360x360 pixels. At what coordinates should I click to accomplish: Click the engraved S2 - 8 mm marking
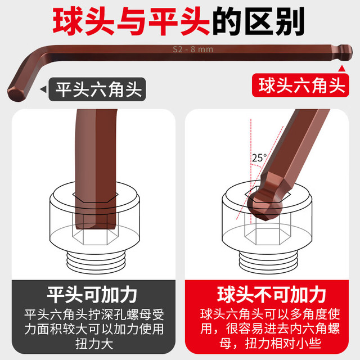193,49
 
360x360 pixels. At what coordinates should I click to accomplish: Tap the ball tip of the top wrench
346,52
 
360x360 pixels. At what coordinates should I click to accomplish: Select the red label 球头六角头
300,85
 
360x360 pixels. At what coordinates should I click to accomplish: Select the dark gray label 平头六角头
97,89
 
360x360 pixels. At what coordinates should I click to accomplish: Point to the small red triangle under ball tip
342,69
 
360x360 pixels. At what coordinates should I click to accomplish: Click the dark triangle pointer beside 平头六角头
44,89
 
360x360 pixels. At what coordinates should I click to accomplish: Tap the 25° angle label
259,157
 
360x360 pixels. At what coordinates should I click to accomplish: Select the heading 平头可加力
92,295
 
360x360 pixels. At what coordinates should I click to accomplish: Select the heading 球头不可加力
271,295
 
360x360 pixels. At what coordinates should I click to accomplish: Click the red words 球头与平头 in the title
131,21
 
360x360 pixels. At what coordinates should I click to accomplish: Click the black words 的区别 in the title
259,21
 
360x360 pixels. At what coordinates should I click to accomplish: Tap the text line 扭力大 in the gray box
94,344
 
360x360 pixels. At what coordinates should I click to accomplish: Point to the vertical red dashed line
251,171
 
